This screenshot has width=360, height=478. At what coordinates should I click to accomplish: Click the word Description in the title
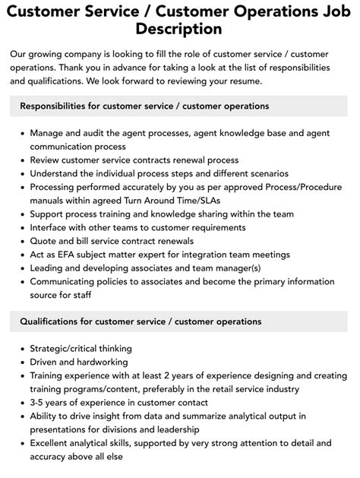(179, 29)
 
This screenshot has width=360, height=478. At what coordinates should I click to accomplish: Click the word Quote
(44, 241)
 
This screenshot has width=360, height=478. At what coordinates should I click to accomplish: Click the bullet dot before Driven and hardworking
(21, 362)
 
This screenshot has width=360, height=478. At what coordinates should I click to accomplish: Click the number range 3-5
(39, 403)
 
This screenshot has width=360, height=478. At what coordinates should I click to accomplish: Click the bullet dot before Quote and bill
(21, 241)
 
